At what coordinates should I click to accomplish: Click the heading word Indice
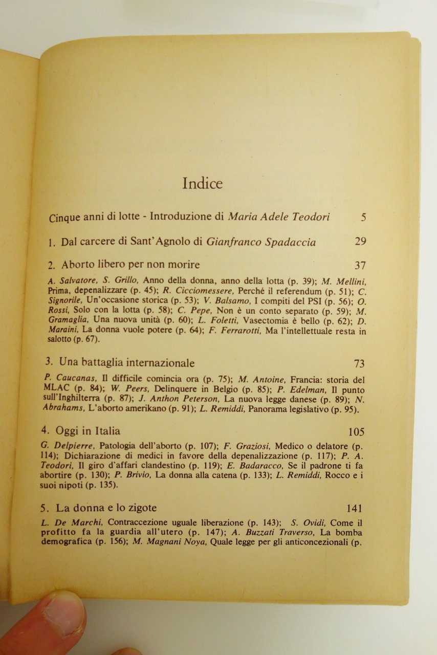pos(202,184)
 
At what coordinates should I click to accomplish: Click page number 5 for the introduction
pos(363,217)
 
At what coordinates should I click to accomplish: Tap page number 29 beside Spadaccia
pos(360,242)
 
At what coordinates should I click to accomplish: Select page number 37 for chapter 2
pos(360,265)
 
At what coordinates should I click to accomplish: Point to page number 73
pos(359,364)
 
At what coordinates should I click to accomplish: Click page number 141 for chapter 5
pos(354,509)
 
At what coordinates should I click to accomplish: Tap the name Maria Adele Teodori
pos(279,217)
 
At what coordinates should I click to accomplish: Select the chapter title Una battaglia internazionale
pos(127,363)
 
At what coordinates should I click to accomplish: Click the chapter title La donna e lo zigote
pos(106,509)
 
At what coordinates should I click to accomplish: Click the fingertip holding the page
pos(46,622)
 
